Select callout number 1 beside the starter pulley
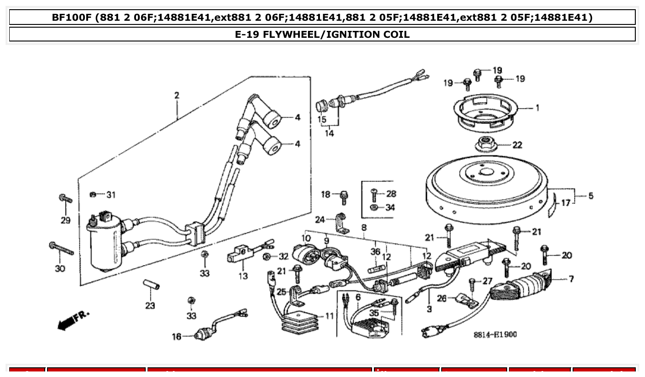(x=537, y=108)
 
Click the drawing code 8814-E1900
(x=495, y=334)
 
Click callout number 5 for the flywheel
(x=591, y=196)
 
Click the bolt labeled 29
(x=65, y=199)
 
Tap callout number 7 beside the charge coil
(x=571, y=279)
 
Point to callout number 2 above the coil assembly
(x=177, y=95)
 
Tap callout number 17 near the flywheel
(x=565, y=202)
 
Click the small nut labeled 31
(x=94, y=195)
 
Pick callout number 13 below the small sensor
(x=243, y=276)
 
